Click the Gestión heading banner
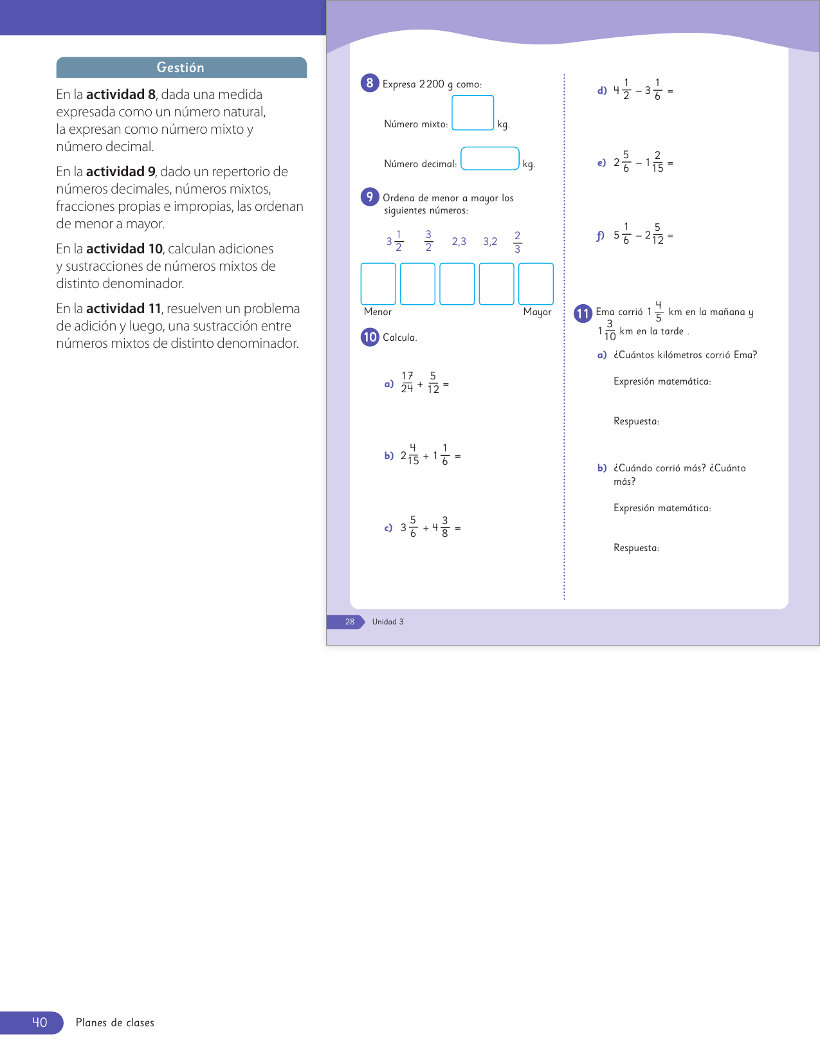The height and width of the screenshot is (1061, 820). pos(181,68)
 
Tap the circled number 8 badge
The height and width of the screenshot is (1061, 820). pos(370,83)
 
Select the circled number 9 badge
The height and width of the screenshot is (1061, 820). pos(370,197)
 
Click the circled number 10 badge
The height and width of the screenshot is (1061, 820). pos(370,337)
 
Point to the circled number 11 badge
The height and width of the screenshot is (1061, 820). pos(583,313)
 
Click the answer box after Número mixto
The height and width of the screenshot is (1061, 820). pos(473,113)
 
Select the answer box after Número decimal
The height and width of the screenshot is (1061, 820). pos(490,158)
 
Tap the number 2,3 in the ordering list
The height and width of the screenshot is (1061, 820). pos(459,242)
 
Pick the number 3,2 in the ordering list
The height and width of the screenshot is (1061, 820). pos(490,242)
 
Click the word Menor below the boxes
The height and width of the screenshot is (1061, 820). pos(378,312)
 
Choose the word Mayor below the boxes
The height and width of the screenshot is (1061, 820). pos(537,312)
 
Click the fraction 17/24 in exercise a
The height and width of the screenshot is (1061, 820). pos(407,383)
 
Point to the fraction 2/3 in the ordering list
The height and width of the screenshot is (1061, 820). pos(517,242)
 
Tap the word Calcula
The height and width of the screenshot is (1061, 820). pos(399,338)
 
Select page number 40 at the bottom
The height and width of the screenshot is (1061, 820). pos(40,1022)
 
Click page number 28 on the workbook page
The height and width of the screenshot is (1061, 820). pos(350,622)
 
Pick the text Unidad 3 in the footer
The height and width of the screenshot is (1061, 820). pos(388,622)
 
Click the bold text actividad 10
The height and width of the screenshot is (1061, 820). pos(124,249)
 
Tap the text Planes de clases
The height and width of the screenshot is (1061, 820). pos(115,1023)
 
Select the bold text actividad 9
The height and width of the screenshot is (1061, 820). pos(121,172)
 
